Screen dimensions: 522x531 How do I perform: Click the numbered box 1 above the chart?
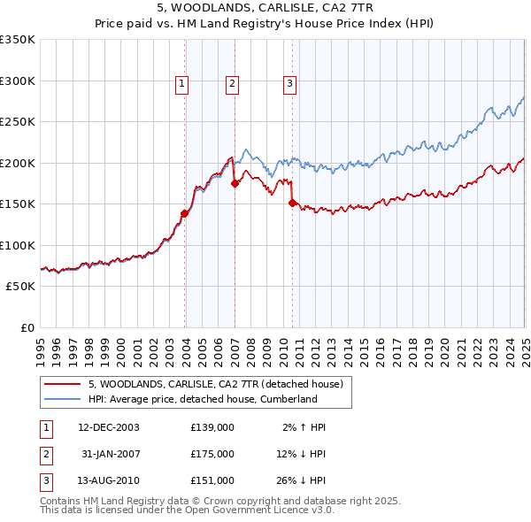click(181, 84)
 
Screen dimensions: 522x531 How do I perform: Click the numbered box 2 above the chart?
click(232, 84)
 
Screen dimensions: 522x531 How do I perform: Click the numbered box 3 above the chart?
click(289, 84)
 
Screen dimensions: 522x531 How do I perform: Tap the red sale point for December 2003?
click(185, 212)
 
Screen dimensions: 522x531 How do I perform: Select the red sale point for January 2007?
click(235, 183)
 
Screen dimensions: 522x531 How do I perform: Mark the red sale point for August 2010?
click(292, 203)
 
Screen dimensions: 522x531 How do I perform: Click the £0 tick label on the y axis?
click(27, 328)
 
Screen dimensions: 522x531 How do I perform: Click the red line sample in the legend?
click(63, 384)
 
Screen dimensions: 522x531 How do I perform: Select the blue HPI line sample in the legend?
click(63, 399)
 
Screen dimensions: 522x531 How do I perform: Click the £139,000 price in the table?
click(212, 426)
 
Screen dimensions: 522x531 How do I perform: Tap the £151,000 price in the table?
click(212, 480)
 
